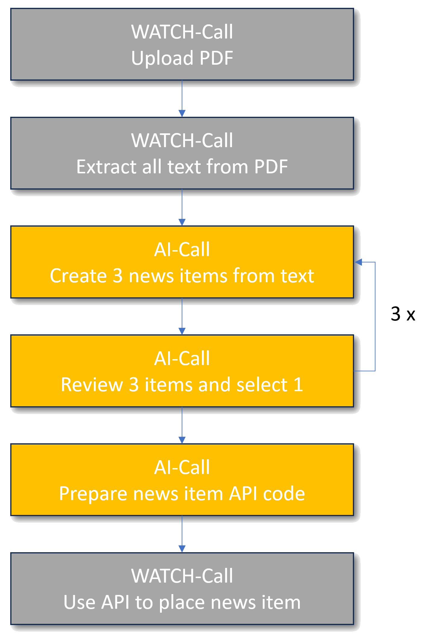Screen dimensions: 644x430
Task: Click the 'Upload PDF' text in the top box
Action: [x=182, y=58]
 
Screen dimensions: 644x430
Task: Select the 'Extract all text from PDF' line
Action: [x=182, y=167]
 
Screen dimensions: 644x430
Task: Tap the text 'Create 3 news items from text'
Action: [x=182, y=276]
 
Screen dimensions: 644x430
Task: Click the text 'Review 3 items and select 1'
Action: [x=182, y=385]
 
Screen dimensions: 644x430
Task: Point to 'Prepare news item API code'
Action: [x=182, y=494]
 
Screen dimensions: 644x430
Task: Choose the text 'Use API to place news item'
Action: [x=182, y=602]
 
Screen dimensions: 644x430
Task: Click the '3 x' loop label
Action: [x=403, y=314]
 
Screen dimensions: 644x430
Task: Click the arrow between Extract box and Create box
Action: [x=182, y=208]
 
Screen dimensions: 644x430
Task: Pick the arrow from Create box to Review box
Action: [x=182, y=317]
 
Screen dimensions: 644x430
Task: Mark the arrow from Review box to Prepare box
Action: [x=182, y=426]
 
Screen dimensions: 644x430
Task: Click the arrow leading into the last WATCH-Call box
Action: [x=182, y=534]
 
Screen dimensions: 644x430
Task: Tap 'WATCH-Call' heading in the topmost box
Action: [x=182, y=32]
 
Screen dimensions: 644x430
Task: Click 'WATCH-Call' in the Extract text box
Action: [x=182, y=140]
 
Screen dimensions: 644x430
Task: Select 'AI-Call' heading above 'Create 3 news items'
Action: [x=182, y=249]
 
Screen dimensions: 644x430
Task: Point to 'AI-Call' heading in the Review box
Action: [x=182, y=358]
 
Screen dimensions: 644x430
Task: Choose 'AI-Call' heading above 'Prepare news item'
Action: [x=182, y=467]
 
